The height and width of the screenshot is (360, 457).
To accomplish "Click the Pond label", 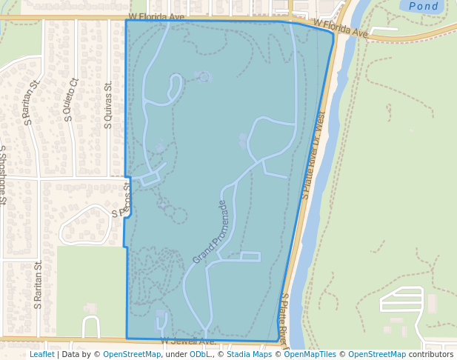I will tap(423, 6).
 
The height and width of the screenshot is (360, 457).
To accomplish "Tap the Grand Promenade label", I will tap(213, 232).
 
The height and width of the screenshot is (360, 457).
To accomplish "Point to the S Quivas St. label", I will tap(108, 105).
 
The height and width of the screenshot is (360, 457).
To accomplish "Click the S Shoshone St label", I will tap(3, 175).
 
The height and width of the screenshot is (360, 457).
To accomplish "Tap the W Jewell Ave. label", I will tap(188, 341).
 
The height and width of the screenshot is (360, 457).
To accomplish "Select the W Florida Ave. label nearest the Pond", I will tap(340, 28).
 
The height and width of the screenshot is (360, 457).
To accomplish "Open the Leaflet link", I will tap(41, 354).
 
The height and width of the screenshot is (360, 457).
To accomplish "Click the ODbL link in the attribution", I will tap(199, 354).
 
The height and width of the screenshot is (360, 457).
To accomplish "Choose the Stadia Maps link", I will tap(248, 354).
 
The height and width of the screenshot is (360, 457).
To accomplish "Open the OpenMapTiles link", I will tap(310, 354).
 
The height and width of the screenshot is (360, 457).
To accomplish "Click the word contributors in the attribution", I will tap(430, 354).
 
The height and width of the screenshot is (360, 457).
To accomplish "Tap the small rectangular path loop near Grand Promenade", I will tap(250, 257).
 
